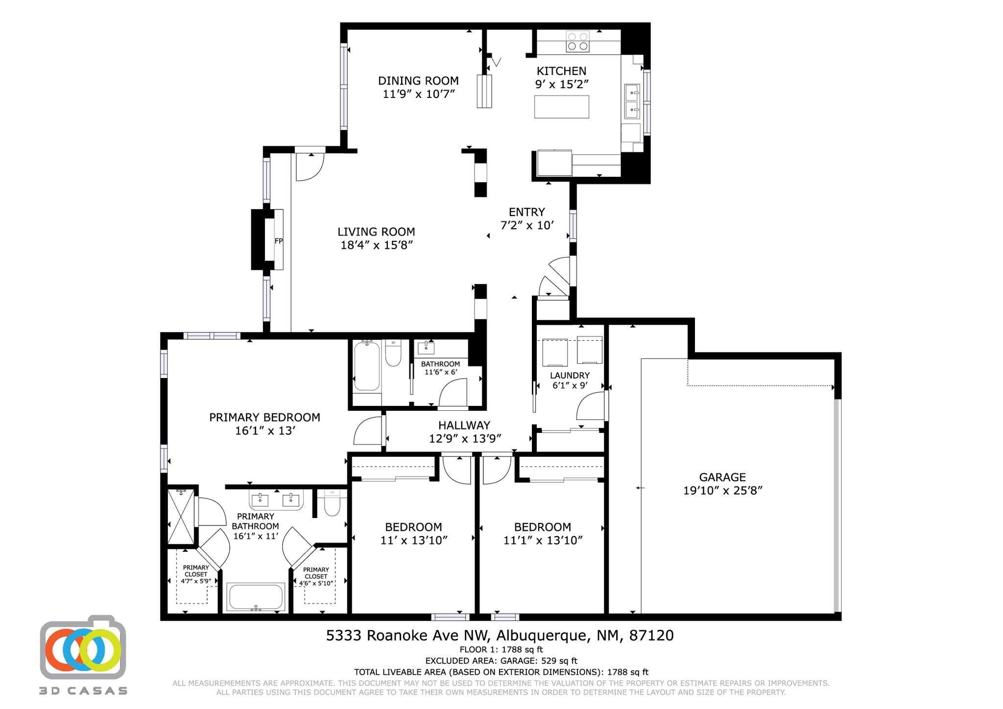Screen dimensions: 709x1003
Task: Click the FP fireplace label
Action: tap(278, 241)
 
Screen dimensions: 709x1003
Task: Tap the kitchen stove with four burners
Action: tap(577, 41)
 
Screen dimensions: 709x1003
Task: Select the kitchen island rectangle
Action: tap(561, 107)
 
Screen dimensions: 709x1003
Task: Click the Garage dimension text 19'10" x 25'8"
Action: tap(722, 490)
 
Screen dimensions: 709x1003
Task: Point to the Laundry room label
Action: tap(570, 376)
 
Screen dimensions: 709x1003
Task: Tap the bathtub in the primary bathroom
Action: tap(255, 597)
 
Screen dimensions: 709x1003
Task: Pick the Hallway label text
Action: tap(464, 425)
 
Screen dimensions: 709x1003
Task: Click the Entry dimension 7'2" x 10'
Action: tap(526, 225)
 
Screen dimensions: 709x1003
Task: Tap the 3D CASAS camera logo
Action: tap(83, 647)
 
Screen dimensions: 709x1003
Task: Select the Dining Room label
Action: tap(418, 81)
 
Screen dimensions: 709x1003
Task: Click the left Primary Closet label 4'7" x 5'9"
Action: tap(196, 574)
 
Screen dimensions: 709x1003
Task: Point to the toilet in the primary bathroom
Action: tap(333, 505)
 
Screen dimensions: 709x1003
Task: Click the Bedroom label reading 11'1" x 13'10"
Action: tap(542, 540)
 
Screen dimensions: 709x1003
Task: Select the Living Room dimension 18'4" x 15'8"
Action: tap(377, 245)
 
